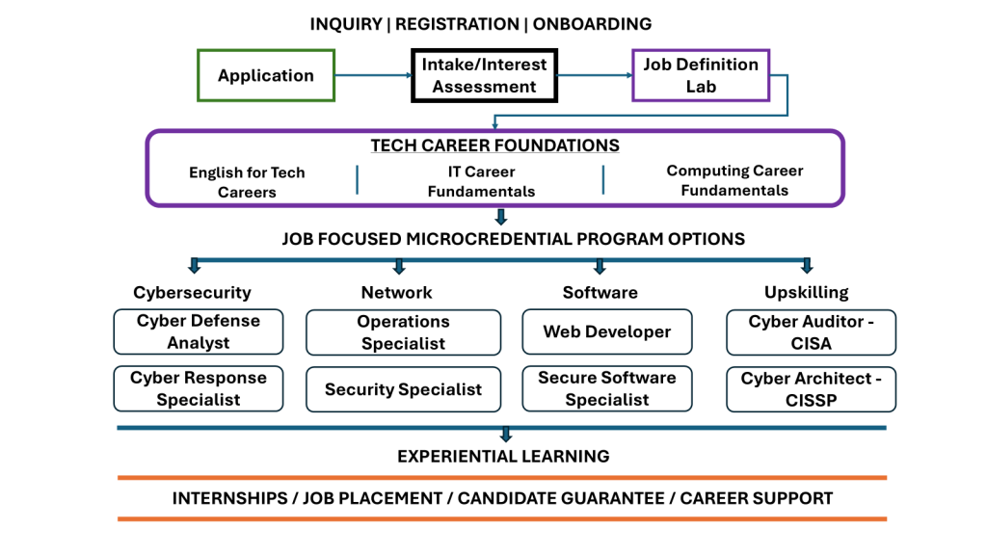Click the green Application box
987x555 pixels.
(266, 75)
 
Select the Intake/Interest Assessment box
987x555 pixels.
(484, 75)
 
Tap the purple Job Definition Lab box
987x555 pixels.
(700, 75)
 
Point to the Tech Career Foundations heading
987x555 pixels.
(494, 145)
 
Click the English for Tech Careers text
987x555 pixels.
(247, 182)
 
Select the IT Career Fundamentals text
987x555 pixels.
(481, 181)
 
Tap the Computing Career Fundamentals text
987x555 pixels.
(734, 180)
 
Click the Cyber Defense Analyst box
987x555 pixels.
(199, 331)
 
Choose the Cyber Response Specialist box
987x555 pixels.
(199, 388)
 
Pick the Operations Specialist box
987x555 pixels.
(403, 332)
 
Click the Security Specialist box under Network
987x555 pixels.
(403, 389)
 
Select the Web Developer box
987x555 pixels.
(607, 331)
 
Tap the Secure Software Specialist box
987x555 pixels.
(607, 388)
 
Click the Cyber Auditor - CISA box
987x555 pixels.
(812, 331)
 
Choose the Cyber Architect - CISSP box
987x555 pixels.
(812, 388)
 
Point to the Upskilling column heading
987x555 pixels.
(807, 292)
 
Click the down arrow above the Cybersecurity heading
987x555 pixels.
(195, 266)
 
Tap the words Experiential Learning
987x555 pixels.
(503, 456)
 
